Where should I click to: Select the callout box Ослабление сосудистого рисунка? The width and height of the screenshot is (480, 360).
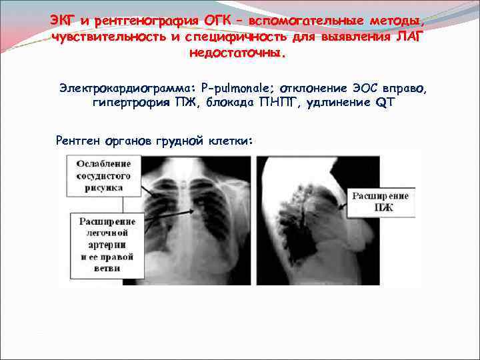pyautogui.click(x=103, y=175)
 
